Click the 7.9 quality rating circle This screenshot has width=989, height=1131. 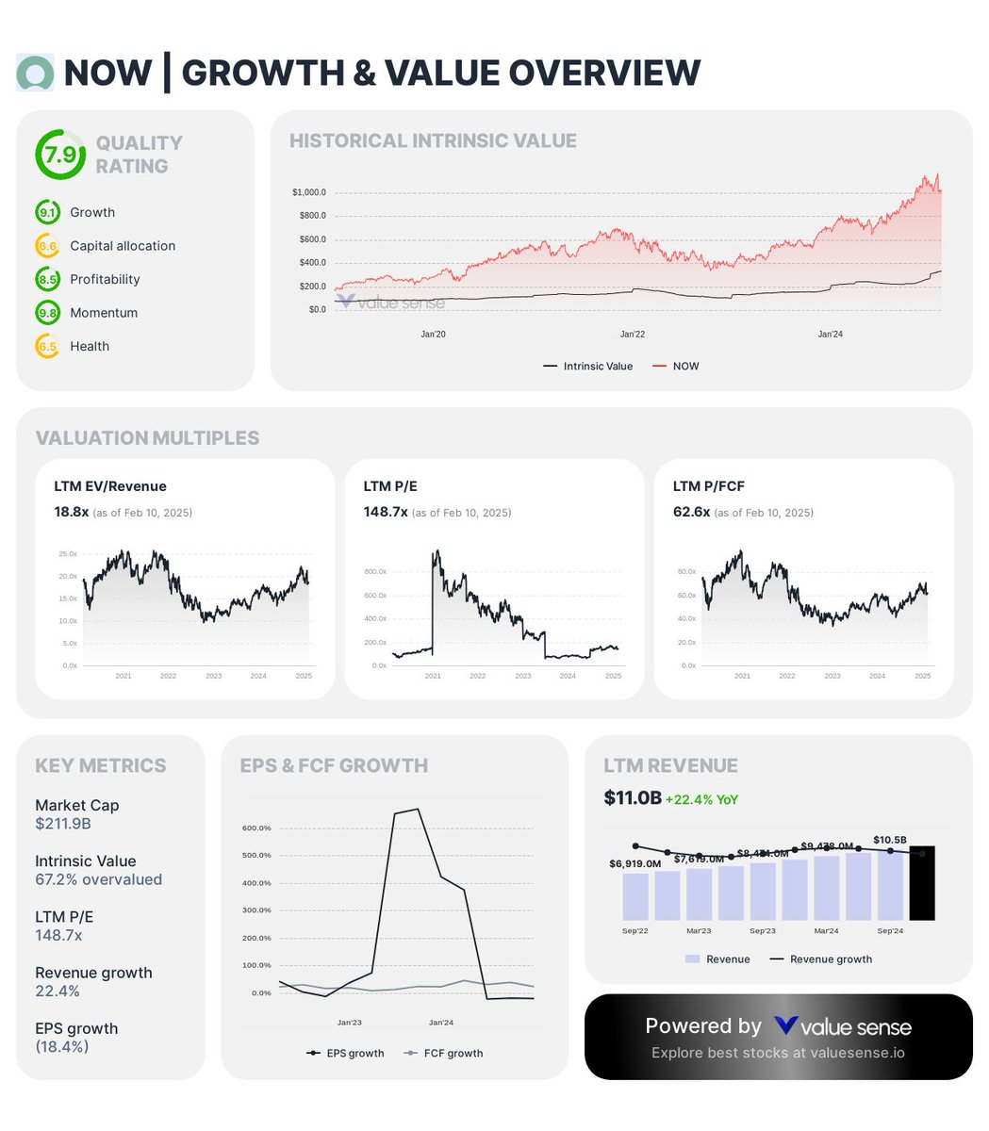[59, 155]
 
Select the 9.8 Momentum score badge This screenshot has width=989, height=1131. [47, 313]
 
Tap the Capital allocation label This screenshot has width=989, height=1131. [123, 246]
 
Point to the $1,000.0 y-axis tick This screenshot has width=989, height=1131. [309, 192]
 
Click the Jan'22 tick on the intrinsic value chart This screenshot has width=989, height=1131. [633, 335]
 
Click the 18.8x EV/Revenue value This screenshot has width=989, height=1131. [72, 512]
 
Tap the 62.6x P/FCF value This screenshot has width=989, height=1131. [691, 512]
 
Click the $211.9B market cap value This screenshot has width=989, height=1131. [62, 824]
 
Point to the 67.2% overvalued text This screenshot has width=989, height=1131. [98, 879]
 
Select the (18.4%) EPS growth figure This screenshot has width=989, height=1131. [62, 1046]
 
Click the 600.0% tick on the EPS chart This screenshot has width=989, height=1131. [256, 828]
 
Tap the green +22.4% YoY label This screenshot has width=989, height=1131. [701, 799]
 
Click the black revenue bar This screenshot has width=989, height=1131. [921, 883]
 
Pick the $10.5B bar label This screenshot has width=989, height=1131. [889, 840]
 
